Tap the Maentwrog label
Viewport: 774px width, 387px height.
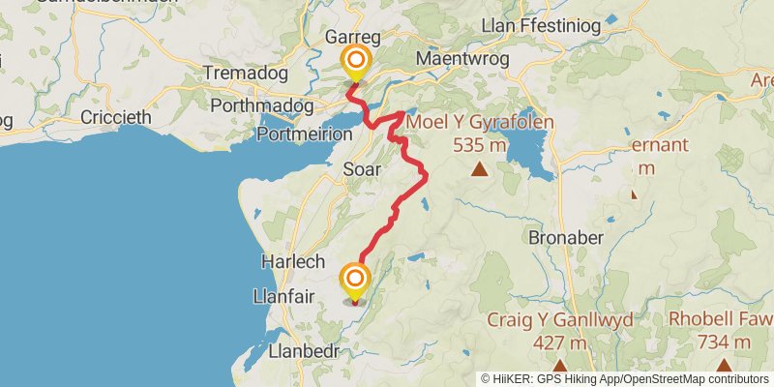(455, 59)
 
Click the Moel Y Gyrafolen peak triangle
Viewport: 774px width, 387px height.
(478, 170)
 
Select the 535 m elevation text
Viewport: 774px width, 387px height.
(479, 145)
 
